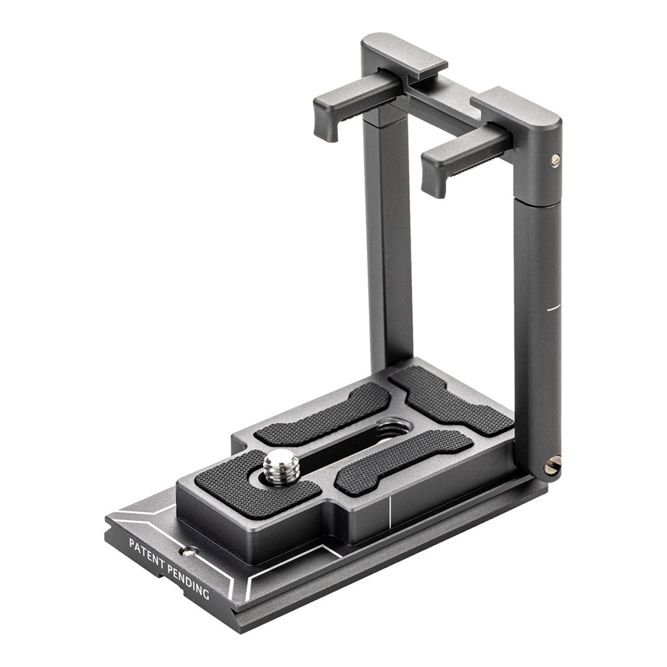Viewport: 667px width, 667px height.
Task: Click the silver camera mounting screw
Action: [x=282, y=467]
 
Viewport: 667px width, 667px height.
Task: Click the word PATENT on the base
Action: [x=146, y=551]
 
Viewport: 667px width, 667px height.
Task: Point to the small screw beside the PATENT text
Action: [x=189, y=552]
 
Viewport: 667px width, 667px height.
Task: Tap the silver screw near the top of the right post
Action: [x=555, y=160]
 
